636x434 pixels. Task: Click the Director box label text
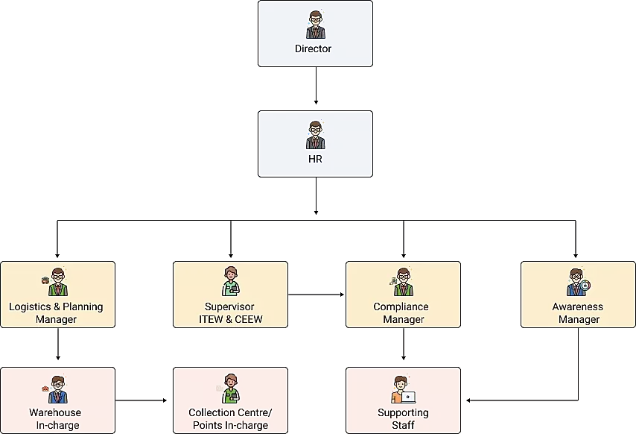(313, 49)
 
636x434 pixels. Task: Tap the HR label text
(314, 159)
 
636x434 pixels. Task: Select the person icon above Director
(315, 25)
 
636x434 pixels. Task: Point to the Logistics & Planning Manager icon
(57, 283)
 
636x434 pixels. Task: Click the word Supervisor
(229, 306)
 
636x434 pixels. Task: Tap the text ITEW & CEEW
(230, 319)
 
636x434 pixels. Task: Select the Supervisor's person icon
(230, 282)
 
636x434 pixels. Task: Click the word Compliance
(401, 306)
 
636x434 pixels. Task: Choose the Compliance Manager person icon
(402, 283)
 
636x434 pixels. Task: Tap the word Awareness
(578, 306)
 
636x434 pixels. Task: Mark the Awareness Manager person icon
(578, 283)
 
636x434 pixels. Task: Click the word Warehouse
(55, 412)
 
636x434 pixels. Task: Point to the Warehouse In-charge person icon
(57, 389)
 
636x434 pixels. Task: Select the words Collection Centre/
(230, 412)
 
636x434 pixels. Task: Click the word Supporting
(403, 412)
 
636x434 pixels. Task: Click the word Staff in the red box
(403, 425)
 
